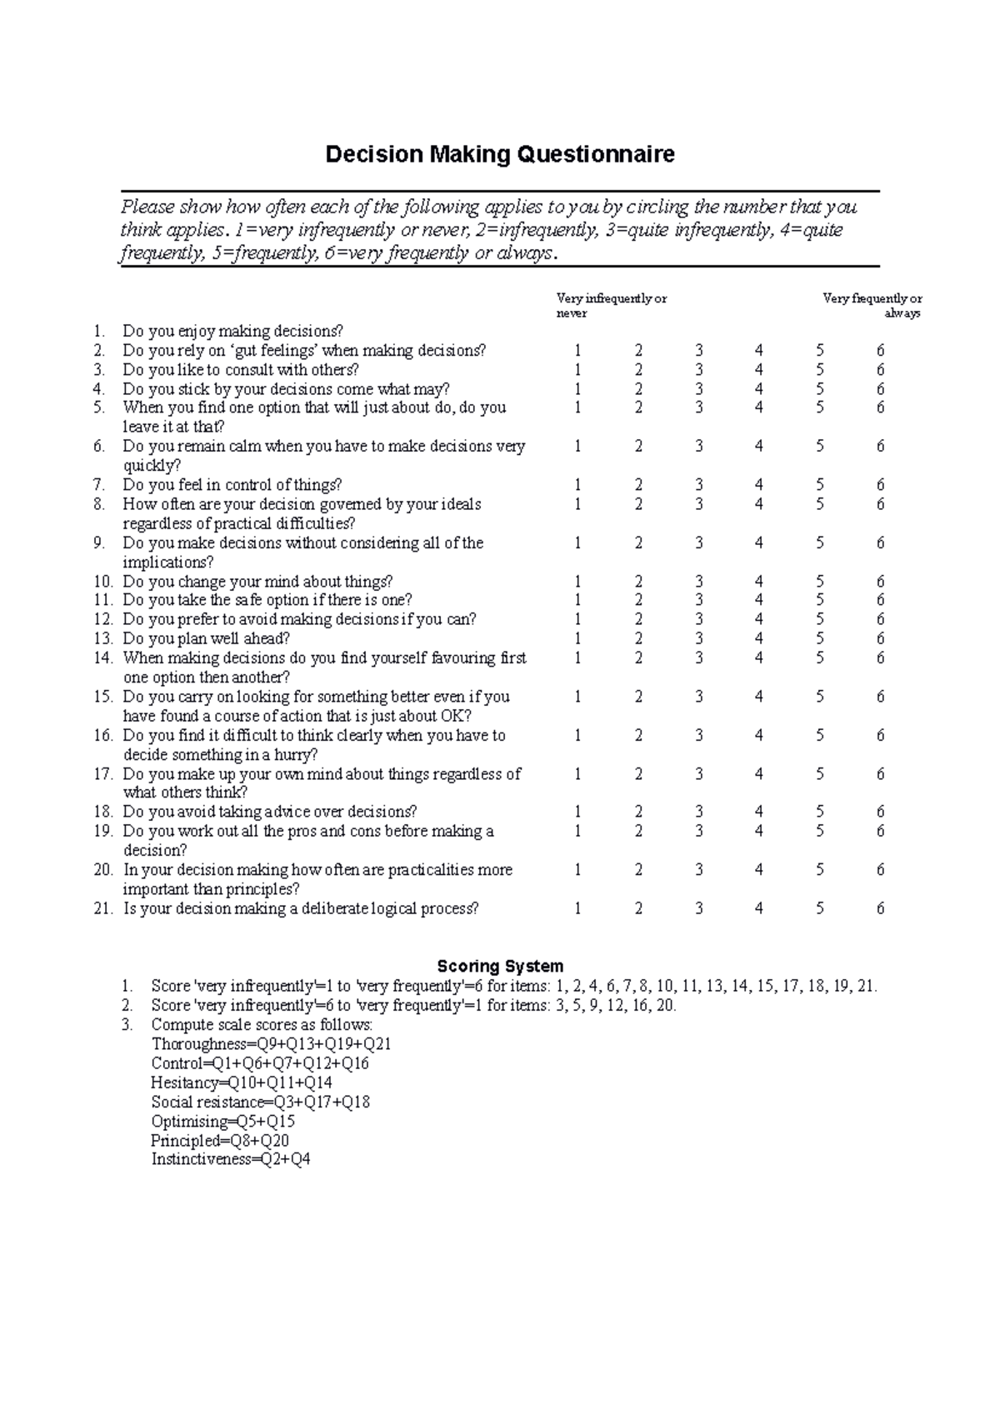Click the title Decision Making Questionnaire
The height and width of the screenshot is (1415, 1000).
(499, 154)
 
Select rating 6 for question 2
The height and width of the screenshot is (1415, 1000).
(880, 350)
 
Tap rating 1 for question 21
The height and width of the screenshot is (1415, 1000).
(577, 908)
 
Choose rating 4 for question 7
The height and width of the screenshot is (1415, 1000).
(758, 485)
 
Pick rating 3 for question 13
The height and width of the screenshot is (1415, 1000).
(698, 638)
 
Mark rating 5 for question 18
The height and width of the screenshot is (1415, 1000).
(819, 812)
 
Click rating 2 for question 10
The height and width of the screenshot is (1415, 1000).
(638, 582)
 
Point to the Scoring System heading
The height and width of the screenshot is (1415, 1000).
(500, 966)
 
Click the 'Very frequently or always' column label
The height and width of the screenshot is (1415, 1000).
(872, 306)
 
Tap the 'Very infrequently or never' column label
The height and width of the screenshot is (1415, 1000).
(611, 306)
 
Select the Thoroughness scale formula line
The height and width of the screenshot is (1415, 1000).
(271, 1044)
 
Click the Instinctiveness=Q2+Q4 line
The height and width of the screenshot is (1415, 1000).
(231, 1159)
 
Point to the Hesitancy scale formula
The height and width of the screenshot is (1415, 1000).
(241, 1082)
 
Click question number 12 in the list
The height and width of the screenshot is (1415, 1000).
(102, 619)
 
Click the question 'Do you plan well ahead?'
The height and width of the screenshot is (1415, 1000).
(206, 638)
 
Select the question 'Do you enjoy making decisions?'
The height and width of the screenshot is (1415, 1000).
(232, 331)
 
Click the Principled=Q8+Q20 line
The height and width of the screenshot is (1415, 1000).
(220, 1140)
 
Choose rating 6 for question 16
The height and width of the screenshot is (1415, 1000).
(880, 735)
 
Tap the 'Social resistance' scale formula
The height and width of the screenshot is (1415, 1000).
(260, 1102)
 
